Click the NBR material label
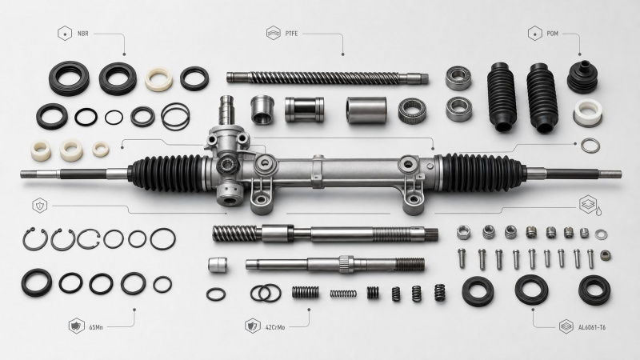[83, 34]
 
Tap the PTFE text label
[291, 34]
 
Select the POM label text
[552, 34]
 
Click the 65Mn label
[96, 327]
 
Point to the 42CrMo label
[275, 327]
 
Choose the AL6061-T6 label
[592, 327]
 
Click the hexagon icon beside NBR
[65, 34]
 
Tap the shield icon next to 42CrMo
[253, 326]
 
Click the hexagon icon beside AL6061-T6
[566, 326]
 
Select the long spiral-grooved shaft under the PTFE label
[327, 78]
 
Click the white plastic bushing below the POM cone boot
[588, 112]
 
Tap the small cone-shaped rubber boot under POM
[582, 77]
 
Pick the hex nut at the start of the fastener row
[463, 232]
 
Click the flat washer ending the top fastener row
[601, 234]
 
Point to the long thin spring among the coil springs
[343, 294]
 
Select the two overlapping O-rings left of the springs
[266, 293]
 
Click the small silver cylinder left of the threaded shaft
[218, 265]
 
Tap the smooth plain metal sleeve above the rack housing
[366, 110]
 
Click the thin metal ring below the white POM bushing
[590, 146]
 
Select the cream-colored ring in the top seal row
[158, 78]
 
